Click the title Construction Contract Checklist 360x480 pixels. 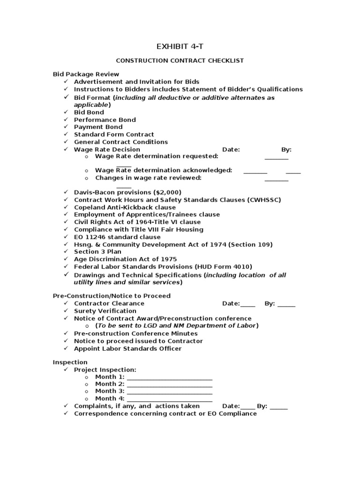[180, 60]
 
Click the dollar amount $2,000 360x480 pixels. [166, 192]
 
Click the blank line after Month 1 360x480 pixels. [169, 377]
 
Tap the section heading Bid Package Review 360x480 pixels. [86, 74]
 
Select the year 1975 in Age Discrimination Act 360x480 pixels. [168, 259]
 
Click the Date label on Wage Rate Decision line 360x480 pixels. [231, 150]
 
